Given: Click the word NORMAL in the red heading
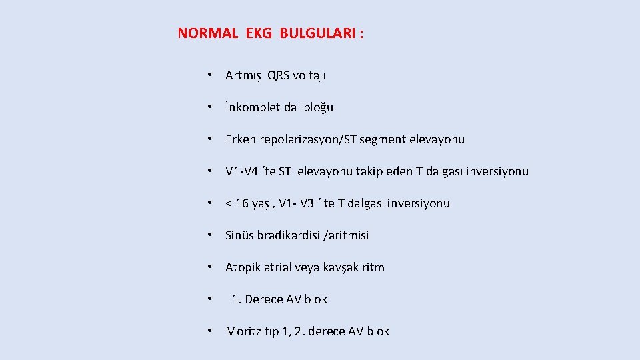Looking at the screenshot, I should pyautogui.click(x=207, y=33).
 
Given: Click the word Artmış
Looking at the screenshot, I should pyautogui.click(x=243, y=75).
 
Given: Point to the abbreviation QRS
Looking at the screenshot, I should pyautogui.click(x=280, y=75).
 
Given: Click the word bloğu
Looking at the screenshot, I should pyautogui.click(x=318, y=107).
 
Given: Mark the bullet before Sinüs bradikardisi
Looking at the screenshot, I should pyautogui.click(x=209, y=235).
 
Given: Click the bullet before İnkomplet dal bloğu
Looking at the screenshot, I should pyautogui.click(x=209, y=107).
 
